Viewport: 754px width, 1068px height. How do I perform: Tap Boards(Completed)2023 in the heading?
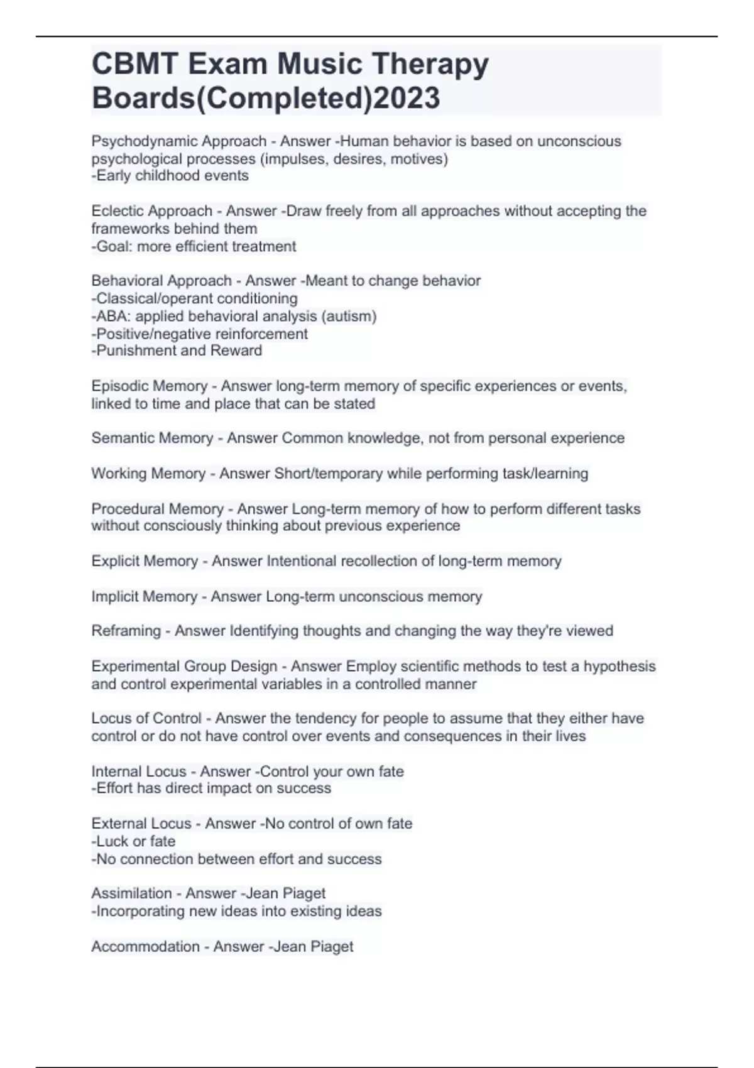pyautogui.click(x=266, y=98)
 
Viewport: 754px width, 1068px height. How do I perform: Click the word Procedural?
pyautogui.click(x=126, y=508)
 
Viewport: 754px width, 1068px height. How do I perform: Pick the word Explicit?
pyautogui.click(x=114, y=561)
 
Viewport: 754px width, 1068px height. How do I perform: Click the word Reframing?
pyautogui.click(x=126, y=631)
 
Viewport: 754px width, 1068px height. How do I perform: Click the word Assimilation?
pyautogui.click(x=131, y=893)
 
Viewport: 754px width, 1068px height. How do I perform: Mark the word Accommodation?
pyautogui.click(x=145, y=946)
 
